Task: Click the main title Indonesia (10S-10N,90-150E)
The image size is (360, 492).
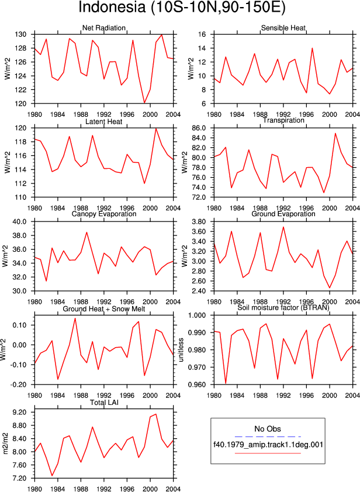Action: tap(182, 8)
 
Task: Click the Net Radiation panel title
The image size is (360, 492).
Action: tap(104, 28)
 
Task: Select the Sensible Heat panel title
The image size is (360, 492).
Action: tap(283, 28)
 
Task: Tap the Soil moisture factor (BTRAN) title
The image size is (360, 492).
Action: tap(283, 307)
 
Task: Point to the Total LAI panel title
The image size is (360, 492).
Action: tap(104, 402)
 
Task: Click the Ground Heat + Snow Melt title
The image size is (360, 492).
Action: tap(104, 309)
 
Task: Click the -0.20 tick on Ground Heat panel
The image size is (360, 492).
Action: tap(23, 384)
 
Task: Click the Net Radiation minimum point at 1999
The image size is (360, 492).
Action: tap(144, 103)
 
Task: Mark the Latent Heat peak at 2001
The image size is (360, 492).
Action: tap(155, 129)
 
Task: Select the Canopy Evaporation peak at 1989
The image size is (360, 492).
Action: tap(86, 232)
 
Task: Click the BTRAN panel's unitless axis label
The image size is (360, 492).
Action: tap(181, 350)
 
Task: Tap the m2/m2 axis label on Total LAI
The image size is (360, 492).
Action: tap(5, 444)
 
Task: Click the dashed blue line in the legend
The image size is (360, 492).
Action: tap(268, 436)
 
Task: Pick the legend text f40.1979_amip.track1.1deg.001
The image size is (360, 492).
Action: tap(268, 445)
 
